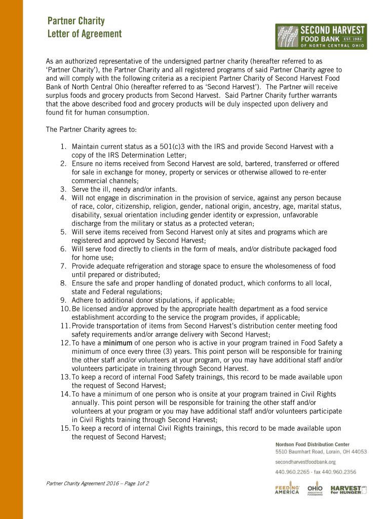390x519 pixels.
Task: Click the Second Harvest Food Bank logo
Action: pos(320,36)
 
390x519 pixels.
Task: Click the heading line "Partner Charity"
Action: pos(76,21)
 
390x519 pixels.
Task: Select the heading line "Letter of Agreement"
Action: pos(85,34)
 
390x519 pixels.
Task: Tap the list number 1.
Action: pos(63,147)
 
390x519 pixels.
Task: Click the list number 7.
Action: pos(63,266)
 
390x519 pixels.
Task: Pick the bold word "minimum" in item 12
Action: pos(118,343)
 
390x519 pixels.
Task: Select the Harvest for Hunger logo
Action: pos(348,490)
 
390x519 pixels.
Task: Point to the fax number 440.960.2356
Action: pos(339,472)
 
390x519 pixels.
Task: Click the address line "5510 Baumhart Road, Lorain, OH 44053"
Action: pos(321,452)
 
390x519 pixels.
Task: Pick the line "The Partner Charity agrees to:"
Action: pos(88,130)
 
